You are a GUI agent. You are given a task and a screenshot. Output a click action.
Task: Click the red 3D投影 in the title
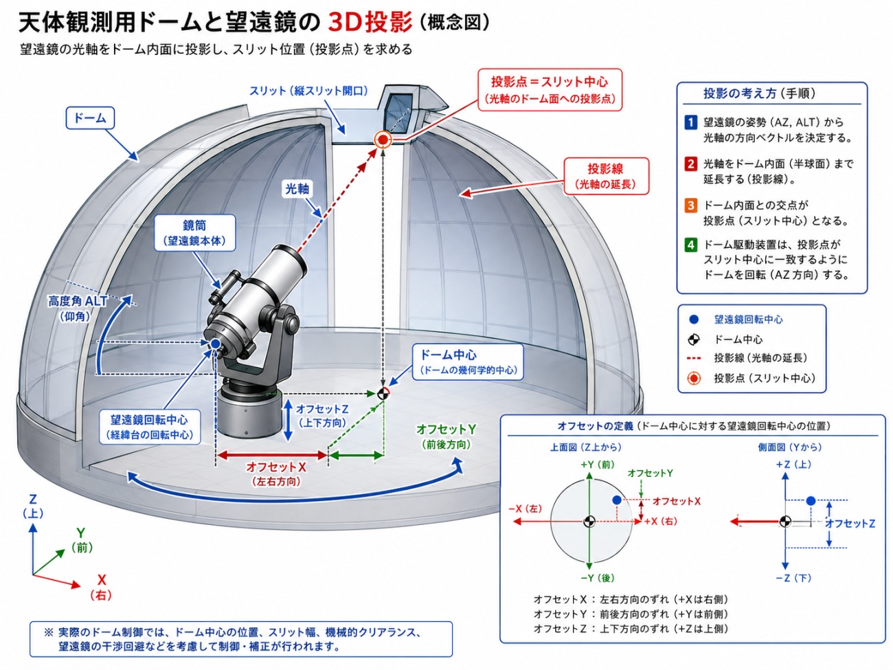click(x=370, y=22)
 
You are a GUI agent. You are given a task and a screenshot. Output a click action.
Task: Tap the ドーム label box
click(x=90, y=118)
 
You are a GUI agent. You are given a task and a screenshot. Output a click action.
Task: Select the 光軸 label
click(x=297, y=189)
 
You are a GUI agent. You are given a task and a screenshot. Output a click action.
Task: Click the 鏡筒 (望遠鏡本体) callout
click(x=195, y=233)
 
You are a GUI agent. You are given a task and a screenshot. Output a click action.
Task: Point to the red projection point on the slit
click(x=383, y=139)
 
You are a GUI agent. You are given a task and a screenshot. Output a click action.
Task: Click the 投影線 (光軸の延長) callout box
click(x=605, y=176)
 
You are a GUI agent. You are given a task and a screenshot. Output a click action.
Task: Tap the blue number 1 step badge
click(x=690, y=122)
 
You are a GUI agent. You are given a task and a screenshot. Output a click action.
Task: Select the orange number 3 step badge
click(x=690, y=205)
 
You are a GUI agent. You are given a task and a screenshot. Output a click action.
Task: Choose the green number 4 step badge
click(x=690, y=245)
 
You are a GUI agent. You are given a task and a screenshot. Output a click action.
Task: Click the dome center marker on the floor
click(x=383, y=393)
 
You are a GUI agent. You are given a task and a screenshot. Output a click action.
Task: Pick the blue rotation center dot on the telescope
click(x=215, y=344)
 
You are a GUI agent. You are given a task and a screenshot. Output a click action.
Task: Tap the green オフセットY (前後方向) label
click(x=447, y=436)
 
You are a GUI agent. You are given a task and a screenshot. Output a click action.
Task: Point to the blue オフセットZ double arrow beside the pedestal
click(x=288, y=420)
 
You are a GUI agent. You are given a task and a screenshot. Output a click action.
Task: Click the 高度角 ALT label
click(x=78, y=301)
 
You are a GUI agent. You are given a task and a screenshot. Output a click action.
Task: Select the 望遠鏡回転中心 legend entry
click(x=748, y=320)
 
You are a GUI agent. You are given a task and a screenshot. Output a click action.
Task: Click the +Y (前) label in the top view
click(x=597, y=465)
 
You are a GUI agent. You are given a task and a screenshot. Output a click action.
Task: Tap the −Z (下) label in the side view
click(x=793, y=578)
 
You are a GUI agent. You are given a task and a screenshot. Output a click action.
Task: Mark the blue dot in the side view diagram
click(x=811, y=501)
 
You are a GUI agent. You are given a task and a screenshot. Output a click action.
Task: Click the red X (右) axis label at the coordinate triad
click(x=101, y=587)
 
